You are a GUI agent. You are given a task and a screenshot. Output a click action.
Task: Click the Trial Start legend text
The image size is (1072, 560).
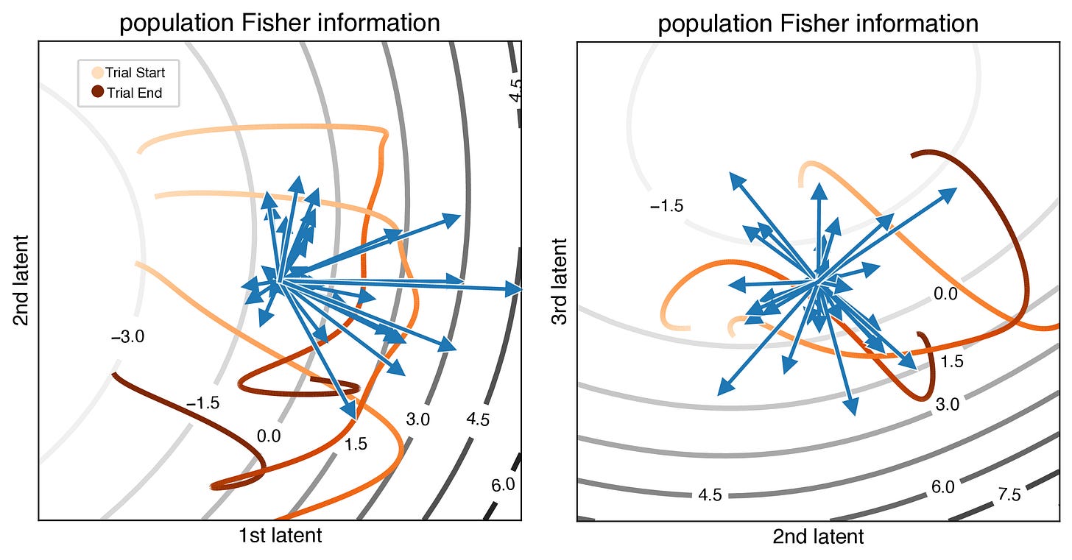click(135, 73)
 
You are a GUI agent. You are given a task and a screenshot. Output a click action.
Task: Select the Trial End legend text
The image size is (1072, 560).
click(134, 93)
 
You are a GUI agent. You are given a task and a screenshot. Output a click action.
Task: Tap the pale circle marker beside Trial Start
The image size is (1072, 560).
click(97, 73)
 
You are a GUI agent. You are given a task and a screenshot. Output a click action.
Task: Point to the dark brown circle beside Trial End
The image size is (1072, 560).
click(97, 93)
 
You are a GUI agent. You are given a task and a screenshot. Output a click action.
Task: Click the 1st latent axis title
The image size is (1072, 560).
click(280, 535)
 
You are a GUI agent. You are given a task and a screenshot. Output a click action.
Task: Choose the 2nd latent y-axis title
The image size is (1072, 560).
click(22, 280)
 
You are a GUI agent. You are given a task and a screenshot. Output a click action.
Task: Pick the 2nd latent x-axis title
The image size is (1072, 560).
click(818, 537)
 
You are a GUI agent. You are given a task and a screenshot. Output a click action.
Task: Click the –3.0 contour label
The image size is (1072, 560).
click(127, 338)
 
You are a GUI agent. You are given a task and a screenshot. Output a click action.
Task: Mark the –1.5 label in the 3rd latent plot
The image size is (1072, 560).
click(666, 206)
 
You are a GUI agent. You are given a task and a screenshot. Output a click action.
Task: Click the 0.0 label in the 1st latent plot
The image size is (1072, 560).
click(269, 436)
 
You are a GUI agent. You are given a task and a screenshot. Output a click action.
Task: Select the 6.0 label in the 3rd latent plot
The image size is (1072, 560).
click(942, 486)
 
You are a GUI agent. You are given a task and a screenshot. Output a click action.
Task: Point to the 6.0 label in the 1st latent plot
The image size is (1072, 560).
click(503, 484)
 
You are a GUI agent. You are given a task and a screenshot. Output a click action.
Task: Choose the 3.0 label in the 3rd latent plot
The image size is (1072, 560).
click(948, 404)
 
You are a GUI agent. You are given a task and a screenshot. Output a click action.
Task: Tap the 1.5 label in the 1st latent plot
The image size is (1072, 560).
click(355, 444)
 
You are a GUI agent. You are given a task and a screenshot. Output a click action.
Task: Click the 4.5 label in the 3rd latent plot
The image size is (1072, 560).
click(709, 495)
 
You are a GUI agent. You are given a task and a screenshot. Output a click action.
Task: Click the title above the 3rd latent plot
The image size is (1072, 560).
click(818, 24)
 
